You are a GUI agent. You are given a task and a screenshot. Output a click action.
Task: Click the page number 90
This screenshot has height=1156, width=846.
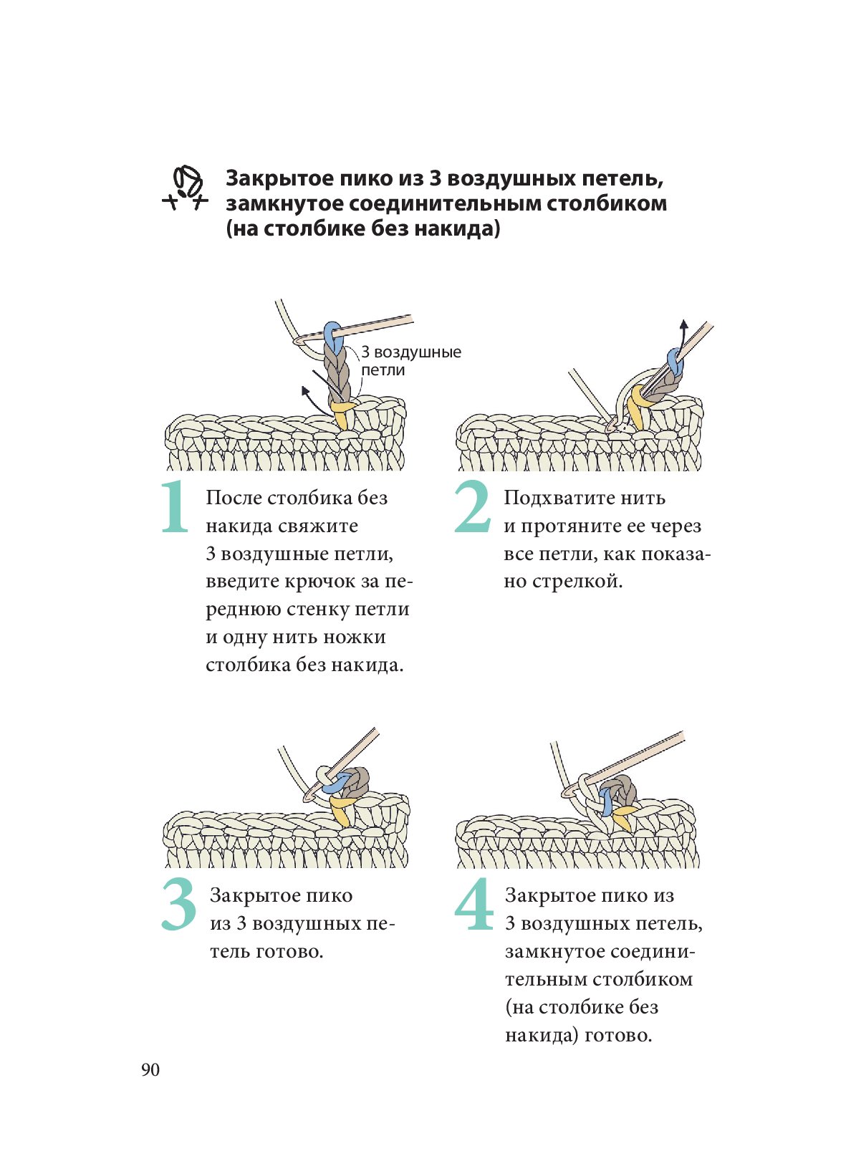pos(150,1070)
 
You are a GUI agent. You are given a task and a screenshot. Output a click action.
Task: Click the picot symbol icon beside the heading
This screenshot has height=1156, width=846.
pos(185,188)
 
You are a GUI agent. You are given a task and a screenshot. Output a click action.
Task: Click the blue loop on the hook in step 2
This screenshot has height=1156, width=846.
pos(675,360)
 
